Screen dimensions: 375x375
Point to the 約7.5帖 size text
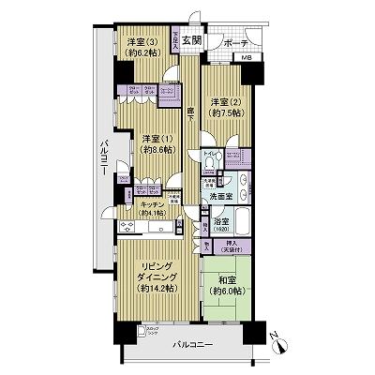(x=225, y=111)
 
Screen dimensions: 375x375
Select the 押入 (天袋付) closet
(x=230, y=247)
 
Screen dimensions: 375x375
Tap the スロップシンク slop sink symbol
(x=142, y=331)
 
